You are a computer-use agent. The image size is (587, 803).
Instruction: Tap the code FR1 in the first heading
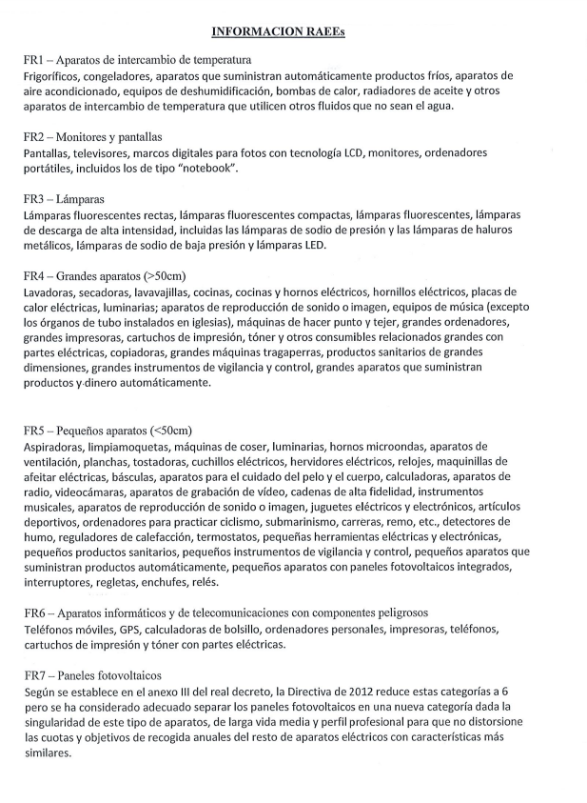(35, 60)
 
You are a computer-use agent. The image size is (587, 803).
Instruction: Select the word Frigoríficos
(54, 75)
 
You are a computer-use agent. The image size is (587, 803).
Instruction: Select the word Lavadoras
(53, 291)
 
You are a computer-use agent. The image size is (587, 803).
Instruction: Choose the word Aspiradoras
(58, 445)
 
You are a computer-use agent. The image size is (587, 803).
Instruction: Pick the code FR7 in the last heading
(35, 675)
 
